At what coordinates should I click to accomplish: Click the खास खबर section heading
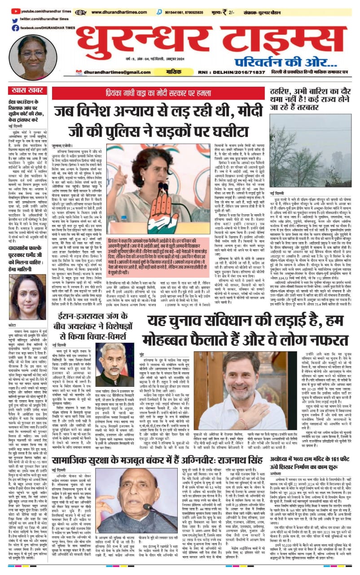click(24, 91)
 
